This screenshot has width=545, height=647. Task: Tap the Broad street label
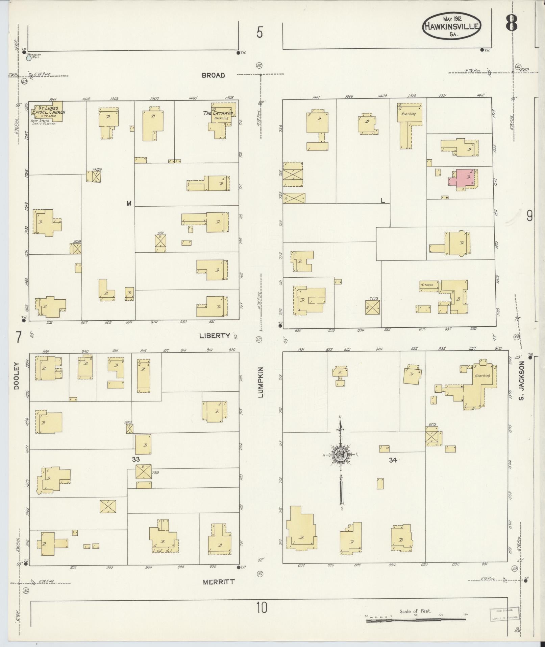[x=213, y=75]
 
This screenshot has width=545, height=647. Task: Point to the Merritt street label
[x=219, y=582]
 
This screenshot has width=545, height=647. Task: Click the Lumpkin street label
[x=261, y=382]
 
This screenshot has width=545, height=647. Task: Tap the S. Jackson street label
[x=522, y=380]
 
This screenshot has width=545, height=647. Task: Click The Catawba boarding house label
[x=218, y=113]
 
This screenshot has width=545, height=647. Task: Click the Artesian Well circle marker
[x=29, y=58]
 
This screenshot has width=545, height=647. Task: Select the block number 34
[x=393, y=460]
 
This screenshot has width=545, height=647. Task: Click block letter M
[x=129, y=203]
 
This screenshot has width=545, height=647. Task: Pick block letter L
[x=383, y=201]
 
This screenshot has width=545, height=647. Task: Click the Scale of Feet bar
[x=416, y=620]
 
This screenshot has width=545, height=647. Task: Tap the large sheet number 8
[x=512, y=23]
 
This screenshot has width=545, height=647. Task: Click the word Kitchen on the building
[x=427, y=285]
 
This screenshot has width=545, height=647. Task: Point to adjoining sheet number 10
[x=262, y=607]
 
